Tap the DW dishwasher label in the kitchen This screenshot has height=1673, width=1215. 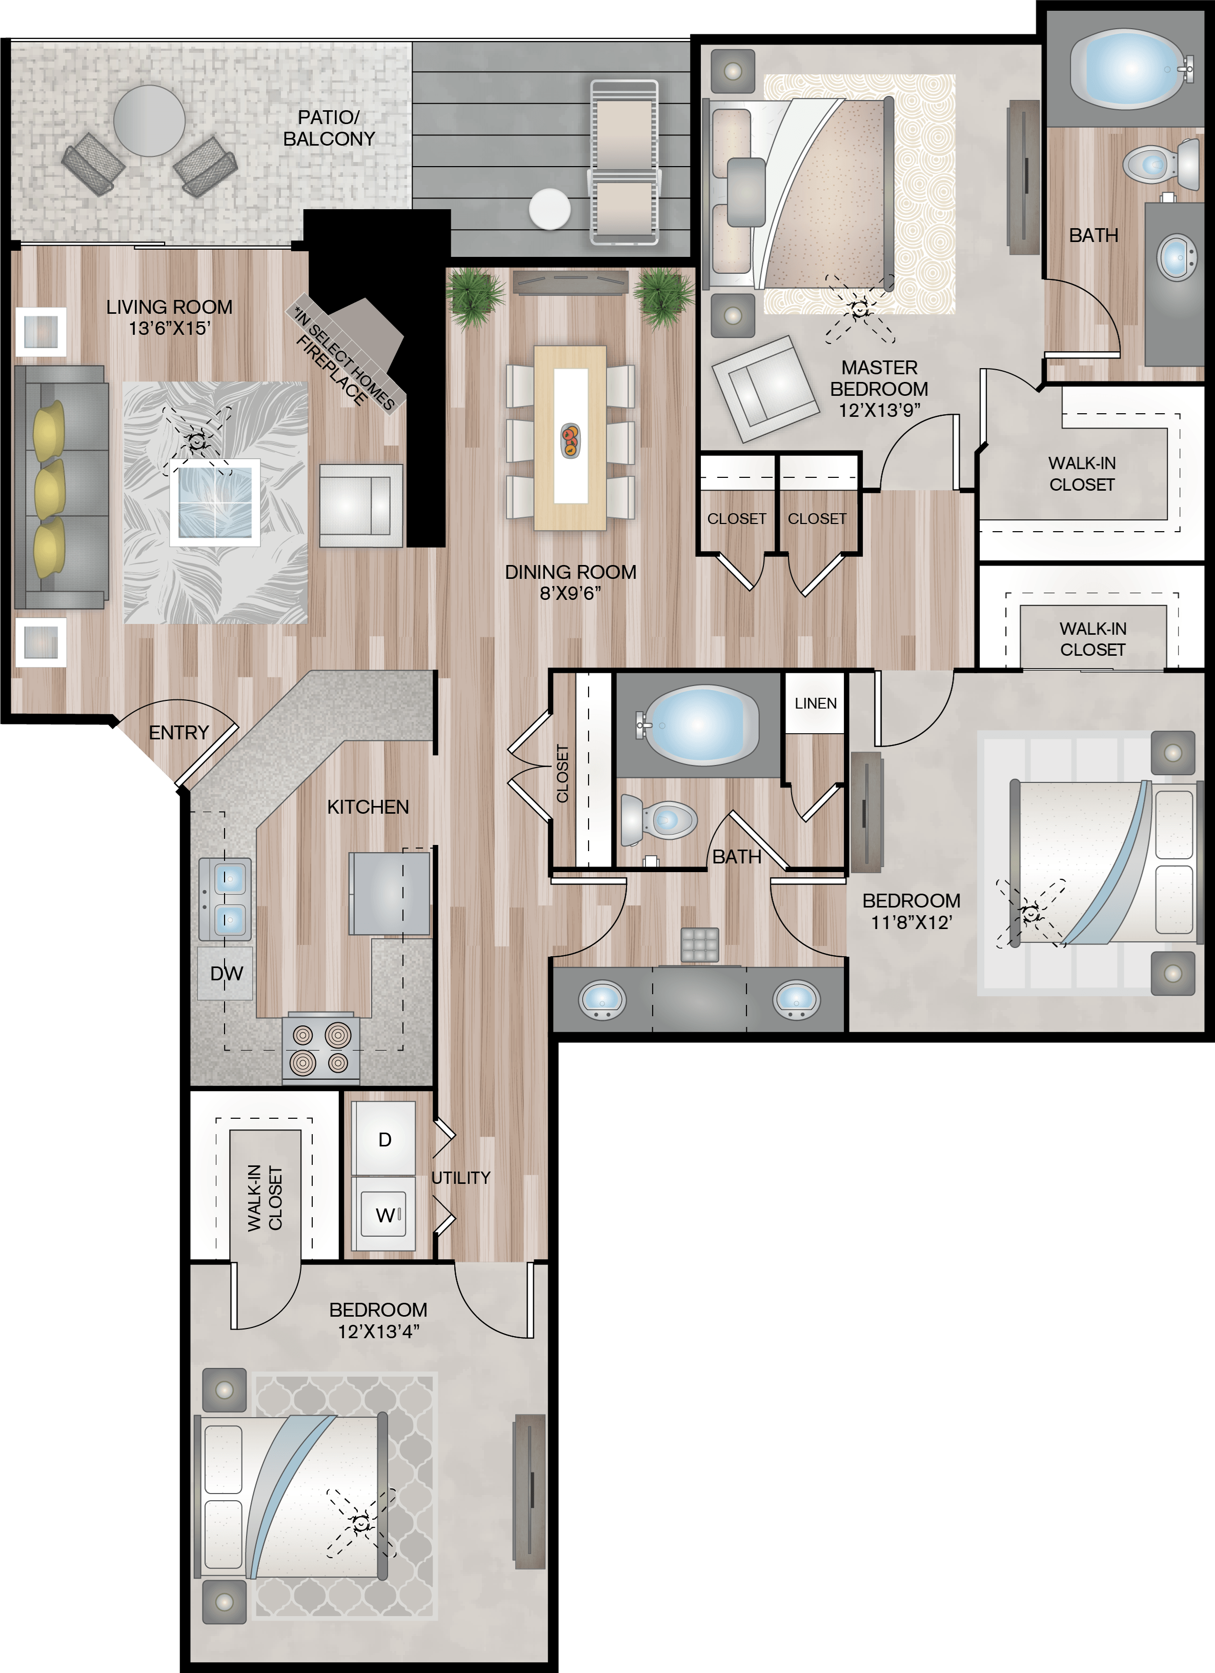[x=227, y=974]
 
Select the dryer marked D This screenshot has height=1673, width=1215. [x=383, y=1139]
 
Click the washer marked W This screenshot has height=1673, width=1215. [x=383, y=1214]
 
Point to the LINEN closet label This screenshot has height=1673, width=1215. [x=815, y=704]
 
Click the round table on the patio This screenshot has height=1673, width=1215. [x=149, y=120]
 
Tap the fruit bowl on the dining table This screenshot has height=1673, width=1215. [x=570, y=440]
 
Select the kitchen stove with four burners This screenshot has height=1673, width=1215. [x=321, y=1048]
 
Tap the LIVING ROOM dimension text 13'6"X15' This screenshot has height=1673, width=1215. [x=170, y=328]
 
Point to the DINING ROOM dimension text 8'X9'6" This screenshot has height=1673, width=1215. [x=570, y=593]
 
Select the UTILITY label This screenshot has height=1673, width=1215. [x=460, y=1178]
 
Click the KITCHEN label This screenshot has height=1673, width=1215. [x=368, y=807]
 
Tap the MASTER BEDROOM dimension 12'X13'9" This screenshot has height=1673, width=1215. [x=879, y=410]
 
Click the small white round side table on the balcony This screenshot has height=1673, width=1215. [x=550, y=210]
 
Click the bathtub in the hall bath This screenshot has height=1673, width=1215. [x=698, y=725]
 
